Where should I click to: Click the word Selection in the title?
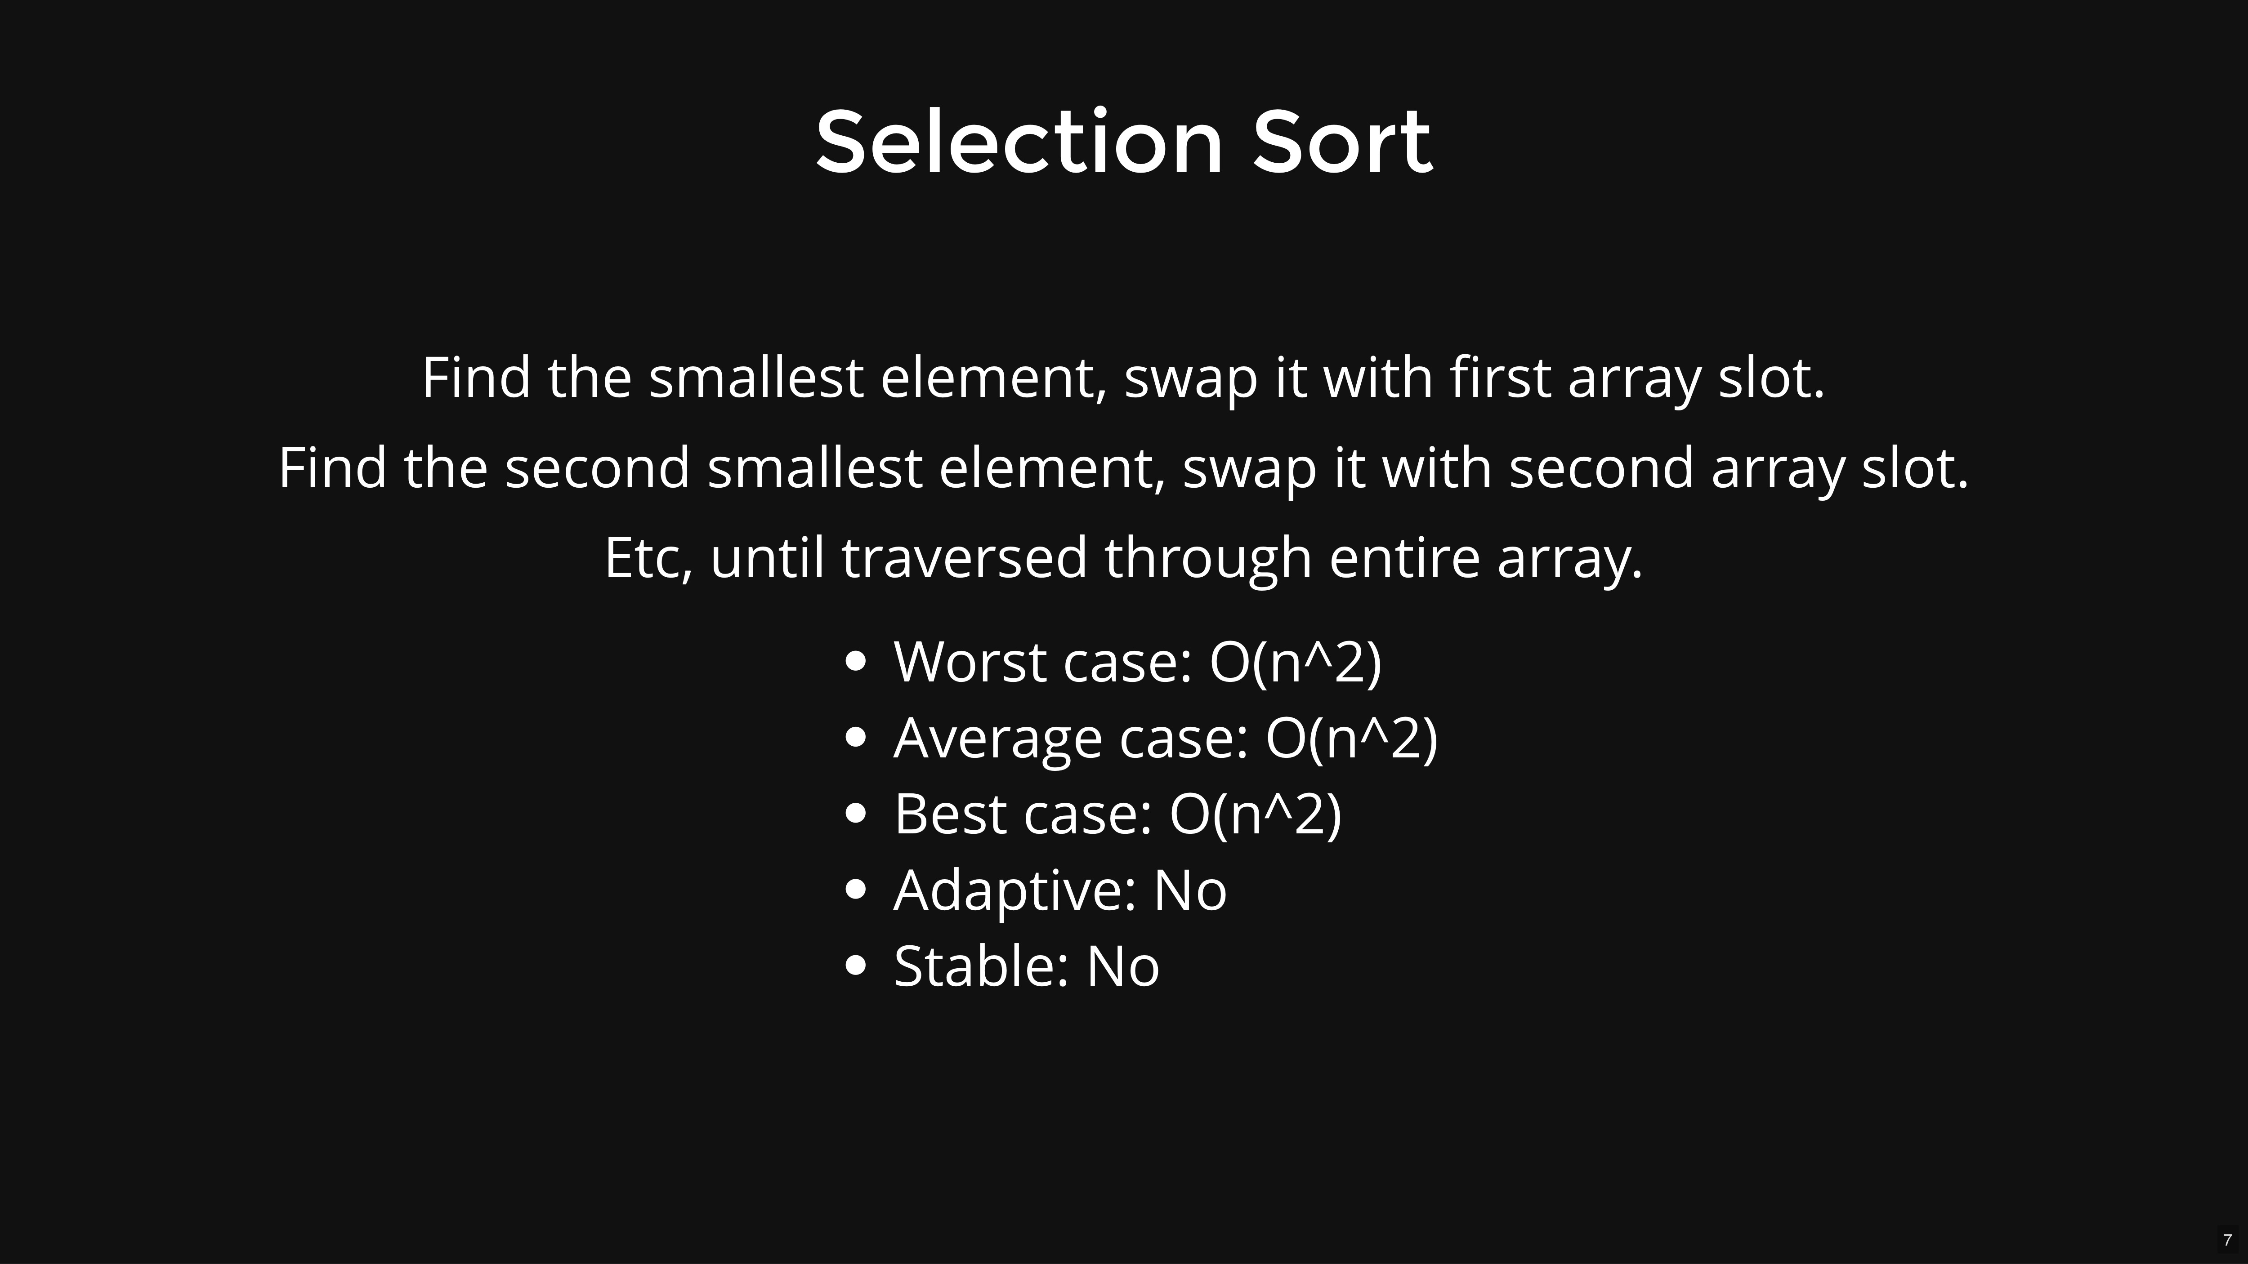(1019, 141)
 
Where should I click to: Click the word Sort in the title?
(1342, 141)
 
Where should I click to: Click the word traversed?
(964, 558)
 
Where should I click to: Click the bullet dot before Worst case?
(856, 661)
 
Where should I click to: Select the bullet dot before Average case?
(856, 737)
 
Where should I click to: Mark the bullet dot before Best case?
(856, 813)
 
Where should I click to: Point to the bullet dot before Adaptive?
(856, 889)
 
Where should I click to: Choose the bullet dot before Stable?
(856, 965)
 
